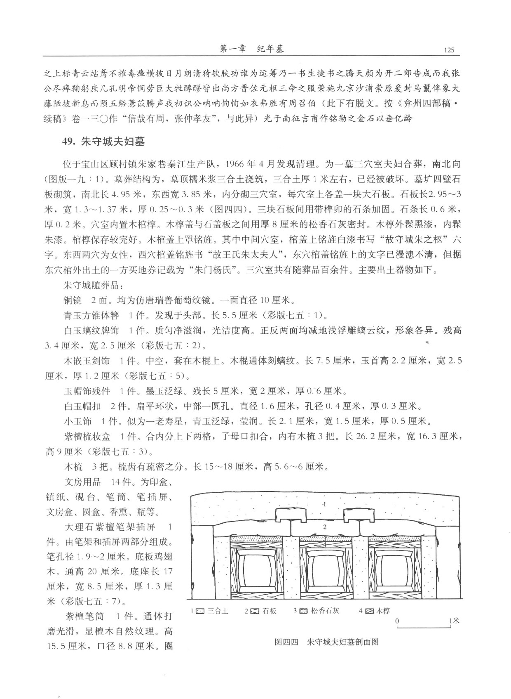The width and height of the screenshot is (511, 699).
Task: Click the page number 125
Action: coord(449,50)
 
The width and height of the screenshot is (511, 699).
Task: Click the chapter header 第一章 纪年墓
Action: coord(252,49)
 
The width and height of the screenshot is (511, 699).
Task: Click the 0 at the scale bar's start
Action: coord(397,621)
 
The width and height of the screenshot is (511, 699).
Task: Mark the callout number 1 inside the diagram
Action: coord(325,504)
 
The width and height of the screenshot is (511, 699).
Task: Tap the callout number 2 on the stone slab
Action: coord(325,527)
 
